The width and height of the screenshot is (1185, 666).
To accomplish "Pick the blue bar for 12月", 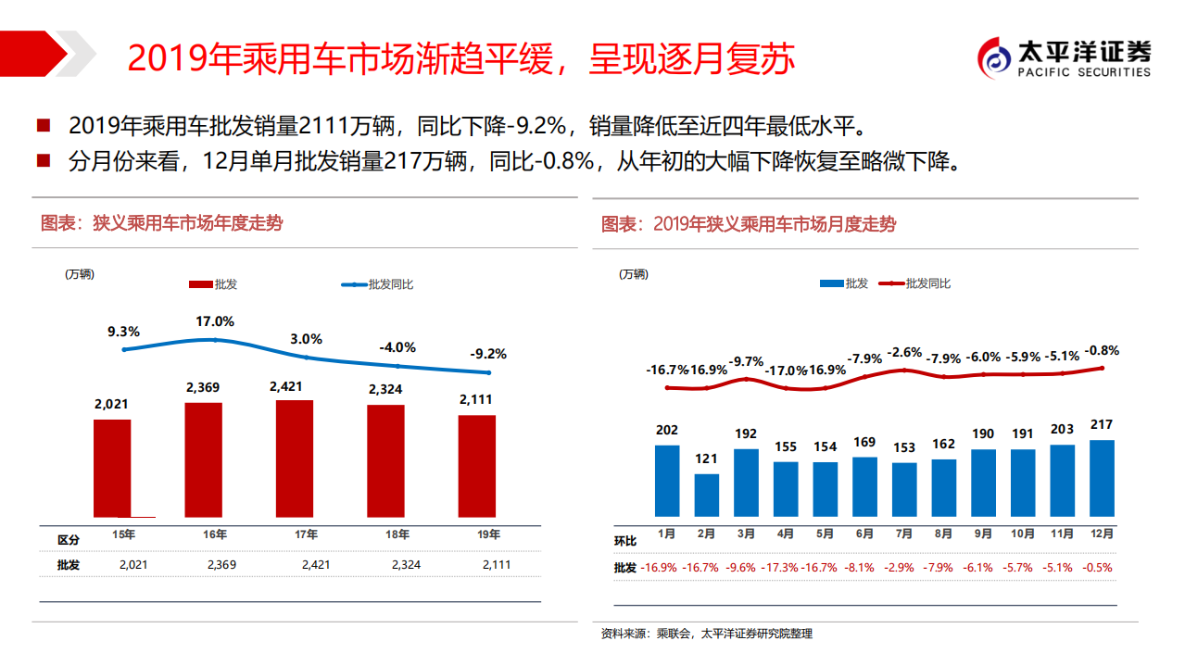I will tap(1102, 477).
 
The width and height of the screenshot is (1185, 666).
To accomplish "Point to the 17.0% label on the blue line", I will tap(215, 321).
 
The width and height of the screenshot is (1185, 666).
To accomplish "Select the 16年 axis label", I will tap(215, 534).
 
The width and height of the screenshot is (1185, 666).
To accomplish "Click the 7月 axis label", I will tap(904, 534).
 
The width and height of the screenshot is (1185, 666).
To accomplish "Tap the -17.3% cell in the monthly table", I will tap(785, 568).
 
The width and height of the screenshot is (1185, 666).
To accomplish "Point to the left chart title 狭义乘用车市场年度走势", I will tap(162, 223).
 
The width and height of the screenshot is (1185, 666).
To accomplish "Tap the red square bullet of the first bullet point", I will tap(43, 125).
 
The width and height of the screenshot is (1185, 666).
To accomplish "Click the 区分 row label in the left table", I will tap(69, 540).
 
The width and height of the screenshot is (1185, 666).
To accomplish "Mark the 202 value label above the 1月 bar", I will tap(666, 430).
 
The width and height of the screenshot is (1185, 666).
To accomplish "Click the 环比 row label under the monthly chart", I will tap(625, 541).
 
